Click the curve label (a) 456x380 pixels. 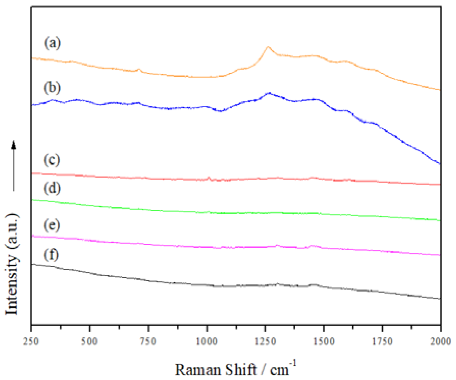pyautogui.click(x=52, y=43)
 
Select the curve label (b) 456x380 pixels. pyautogui.click(x=52, y=88)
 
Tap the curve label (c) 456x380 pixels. pyautogui.click(x=52, y=160)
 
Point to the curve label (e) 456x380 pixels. pyautogui.click(x=52, y=225)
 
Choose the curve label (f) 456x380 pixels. pyautogui.click(x=51, y=255)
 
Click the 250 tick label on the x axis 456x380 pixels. pyautogui.click(x=31, y=341)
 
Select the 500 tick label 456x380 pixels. pyautogui.click(x=89, y=341)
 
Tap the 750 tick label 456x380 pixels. pyautogui.click(x=148, y=341)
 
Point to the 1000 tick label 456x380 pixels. pyautogui.click(x=207, y=341)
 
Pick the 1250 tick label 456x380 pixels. pyautogui.click(x=265, y=341)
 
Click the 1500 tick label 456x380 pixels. pyautogui.click(x=324, y=341)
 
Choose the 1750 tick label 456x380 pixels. pyautogui.click(x=382, y=341)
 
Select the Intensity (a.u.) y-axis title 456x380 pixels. pyautogui.click(x=12, y=264)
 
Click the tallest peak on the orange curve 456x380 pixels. pyautogui.click(x=267, y=47)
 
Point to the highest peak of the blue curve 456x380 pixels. pyautogui.click(x=269, y=93)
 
